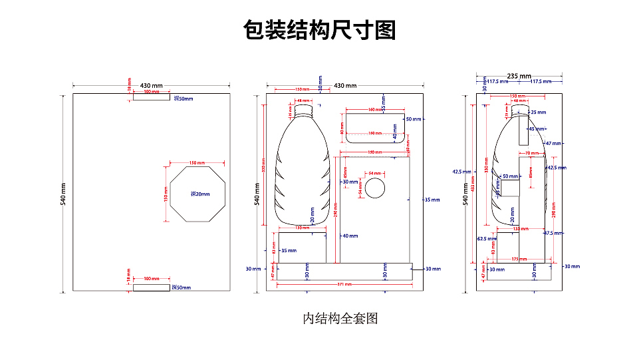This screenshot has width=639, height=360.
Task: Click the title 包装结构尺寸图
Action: [x=319, y=30]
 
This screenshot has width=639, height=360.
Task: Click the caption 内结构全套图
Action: [x=340, y=318]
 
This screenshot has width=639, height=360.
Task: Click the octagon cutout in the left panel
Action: [x=197, y=195]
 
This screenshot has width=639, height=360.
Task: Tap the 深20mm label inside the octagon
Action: [x=200, y=194]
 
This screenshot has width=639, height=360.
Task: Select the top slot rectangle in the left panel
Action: [x=151, y=97]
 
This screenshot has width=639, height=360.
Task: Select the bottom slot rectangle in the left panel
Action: [x=151, y=287]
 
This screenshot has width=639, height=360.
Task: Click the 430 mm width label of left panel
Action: [x=151, y=86]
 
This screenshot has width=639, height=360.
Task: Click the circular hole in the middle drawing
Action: [x=375, y=188]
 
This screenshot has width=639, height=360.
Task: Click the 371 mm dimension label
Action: [x=344, y=285]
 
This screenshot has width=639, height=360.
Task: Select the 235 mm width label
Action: [x=519, y=76]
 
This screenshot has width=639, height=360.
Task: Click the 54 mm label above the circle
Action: [x=375, y=173]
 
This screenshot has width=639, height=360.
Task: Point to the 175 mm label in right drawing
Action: [x=520, y=259]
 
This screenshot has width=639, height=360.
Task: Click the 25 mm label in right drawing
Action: [x=538, y=112]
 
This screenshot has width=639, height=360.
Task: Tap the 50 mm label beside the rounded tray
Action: [x=414, y=119]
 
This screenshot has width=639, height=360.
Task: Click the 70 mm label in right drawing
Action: [x=531, y=154]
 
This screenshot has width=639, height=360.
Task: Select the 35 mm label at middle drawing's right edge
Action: [x=432, y=200]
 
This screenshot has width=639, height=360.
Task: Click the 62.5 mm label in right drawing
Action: [x=487, y=238]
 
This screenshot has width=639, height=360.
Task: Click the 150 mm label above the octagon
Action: [x=197, y=163]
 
